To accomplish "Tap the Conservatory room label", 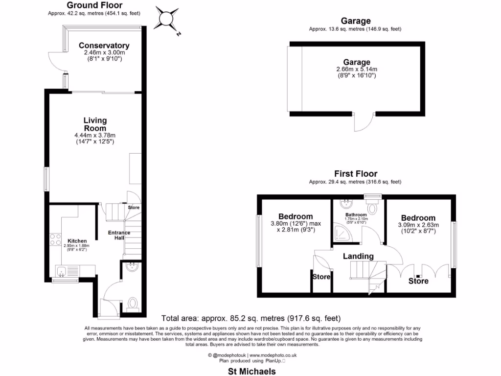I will pos(104,46).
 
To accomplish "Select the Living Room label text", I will pos(95,124).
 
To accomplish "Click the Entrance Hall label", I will pos(119,235).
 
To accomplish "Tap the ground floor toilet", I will pos(132,304).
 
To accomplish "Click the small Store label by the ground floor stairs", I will pos(134,208).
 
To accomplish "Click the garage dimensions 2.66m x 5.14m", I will pos(356,69).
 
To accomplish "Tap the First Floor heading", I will pos(356,173).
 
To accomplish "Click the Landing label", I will pos(358,256).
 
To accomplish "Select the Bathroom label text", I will pos(356,215).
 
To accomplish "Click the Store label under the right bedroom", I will pos(418,281).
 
